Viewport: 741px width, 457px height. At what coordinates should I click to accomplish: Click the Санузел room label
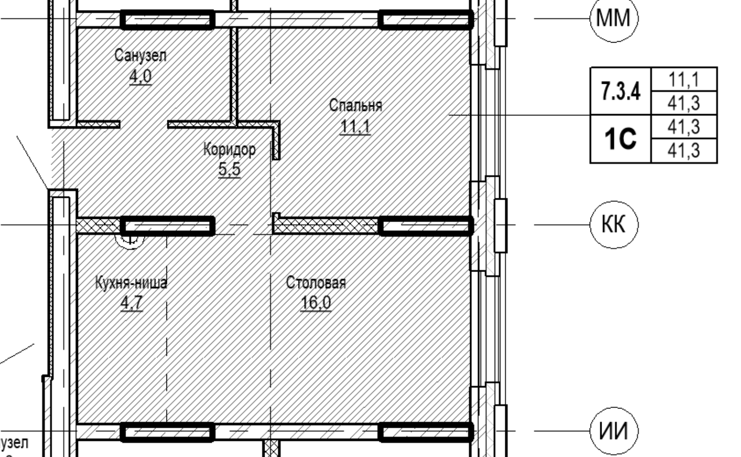point(140,55)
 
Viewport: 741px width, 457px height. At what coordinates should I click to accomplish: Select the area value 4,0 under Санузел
point(140,76)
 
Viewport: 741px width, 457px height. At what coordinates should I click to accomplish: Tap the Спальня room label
point(355,105)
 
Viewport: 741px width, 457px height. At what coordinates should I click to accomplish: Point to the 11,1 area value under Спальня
point(355,126)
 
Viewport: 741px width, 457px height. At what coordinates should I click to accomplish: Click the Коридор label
point(229,149)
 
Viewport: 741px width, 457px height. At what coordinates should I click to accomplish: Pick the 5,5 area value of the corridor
point(229,169)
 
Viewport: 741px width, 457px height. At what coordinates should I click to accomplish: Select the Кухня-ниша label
point(131,283)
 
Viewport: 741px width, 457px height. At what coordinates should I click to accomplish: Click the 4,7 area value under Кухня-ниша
point(131,303)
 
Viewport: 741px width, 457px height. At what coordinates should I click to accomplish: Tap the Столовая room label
point(316,283)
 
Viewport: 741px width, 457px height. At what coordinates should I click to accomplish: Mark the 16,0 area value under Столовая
point(315,303)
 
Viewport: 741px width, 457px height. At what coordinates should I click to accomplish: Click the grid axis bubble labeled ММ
point(614,19)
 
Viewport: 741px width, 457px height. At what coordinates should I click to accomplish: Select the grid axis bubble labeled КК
point(614,225)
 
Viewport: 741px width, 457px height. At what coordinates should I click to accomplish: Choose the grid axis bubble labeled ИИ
point(614,431)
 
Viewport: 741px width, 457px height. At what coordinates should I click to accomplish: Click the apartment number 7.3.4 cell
point(620,91)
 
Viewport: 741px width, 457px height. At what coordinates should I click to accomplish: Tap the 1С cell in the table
point(620,139)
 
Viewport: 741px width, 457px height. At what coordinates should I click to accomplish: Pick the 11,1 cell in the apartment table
point(683,80)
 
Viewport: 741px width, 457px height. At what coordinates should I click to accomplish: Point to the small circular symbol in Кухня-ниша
point(131,239)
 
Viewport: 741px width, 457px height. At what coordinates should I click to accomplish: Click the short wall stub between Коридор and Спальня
point(276,141)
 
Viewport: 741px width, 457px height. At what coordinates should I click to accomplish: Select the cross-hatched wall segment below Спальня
point(326,226)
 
